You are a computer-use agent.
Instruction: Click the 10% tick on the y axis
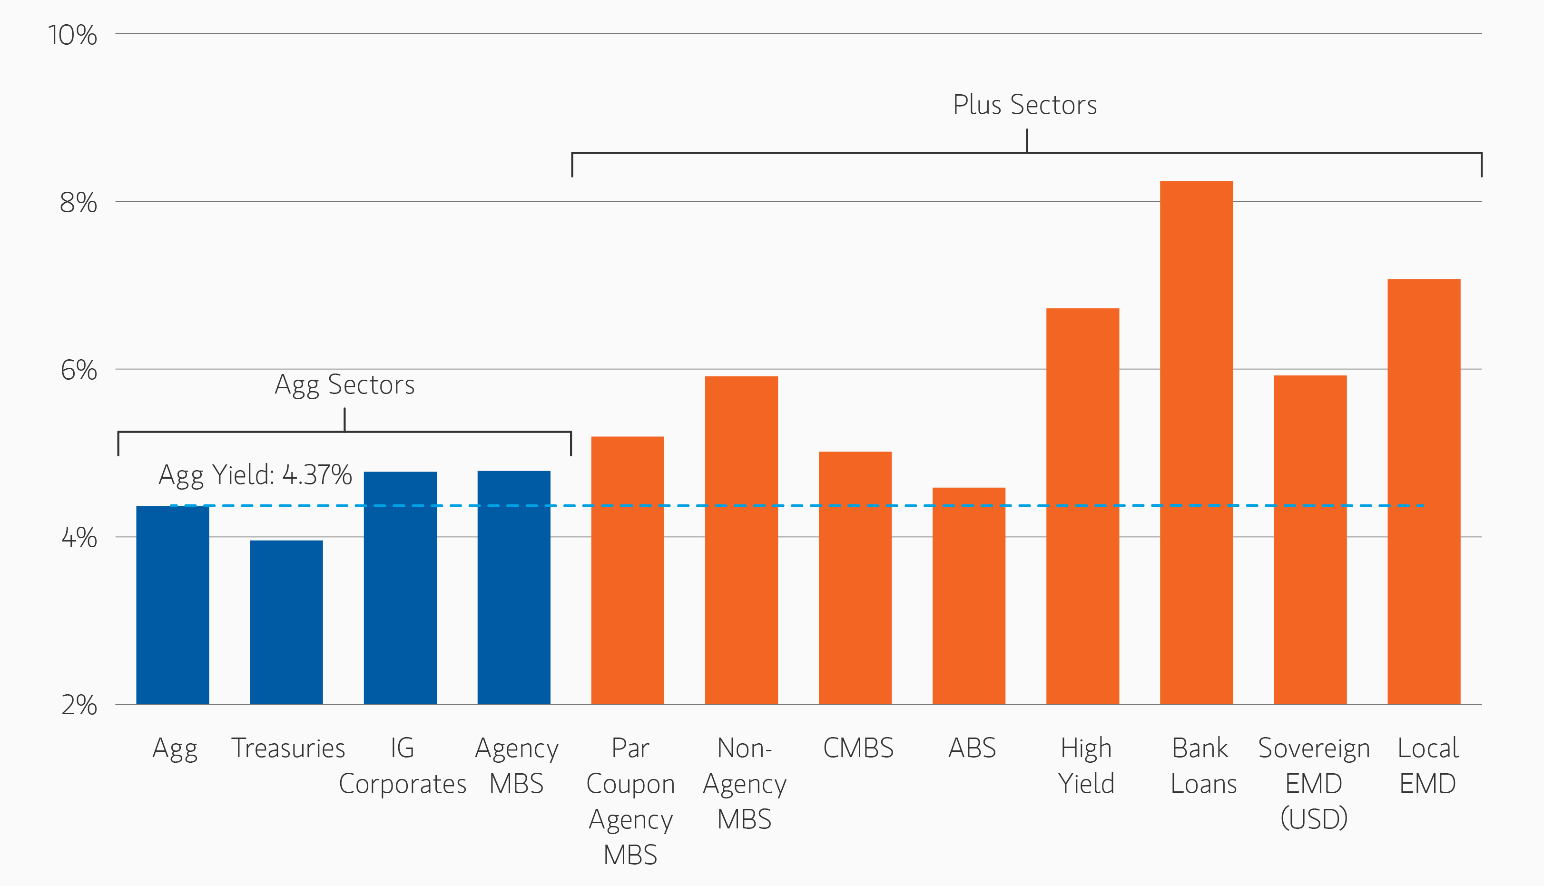pos(72,35)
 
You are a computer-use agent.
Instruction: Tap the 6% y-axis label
pos(79,370)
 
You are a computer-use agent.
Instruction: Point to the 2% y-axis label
pos(79,705)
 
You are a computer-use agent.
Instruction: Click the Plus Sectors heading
pos(1024,105)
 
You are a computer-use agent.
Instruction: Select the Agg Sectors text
pos(344,384)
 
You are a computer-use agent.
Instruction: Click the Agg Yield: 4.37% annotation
pos(255,475)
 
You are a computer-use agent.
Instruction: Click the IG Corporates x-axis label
pos(402,766)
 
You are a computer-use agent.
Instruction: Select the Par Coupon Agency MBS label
pos(630,801)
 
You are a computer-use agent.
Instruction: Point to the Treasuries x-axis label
pos(288,748)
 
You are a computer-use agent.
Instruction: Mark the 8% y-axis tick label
pos(79,203)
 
